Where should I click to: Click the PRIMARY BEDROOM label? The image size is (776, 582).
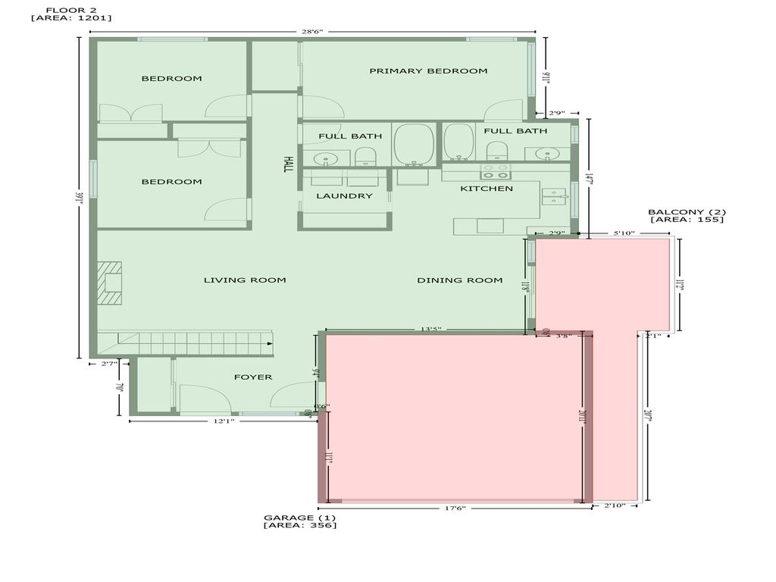[428, 71]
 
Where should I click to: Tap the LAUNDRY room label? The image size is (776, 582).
[345, 196]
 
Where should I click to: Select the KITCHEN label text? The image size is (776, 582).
[487, 189]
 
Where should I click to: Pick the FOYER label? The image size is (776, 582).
[252, 377]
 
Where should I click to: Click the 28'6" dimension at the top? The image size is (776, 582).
[311, 32]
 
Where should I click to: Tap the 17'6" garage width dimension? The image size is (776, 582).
[454, 508]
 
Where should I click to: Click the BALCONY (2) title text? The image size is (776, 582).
[687, 211]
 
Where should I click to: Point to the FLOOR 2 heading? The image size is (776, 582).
[71, 10]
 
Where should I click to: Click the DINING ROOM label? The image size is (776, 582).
[459, 280]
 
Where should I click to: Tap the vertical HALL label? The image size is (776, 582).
[288, 164]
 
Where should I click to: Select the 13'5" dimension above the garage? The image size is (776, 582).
[430, 329]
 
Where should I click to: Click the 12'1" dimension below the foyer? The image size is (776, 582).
[223, 421]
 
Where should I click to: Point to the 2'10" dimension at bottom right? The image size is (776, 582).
[615, 505]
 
